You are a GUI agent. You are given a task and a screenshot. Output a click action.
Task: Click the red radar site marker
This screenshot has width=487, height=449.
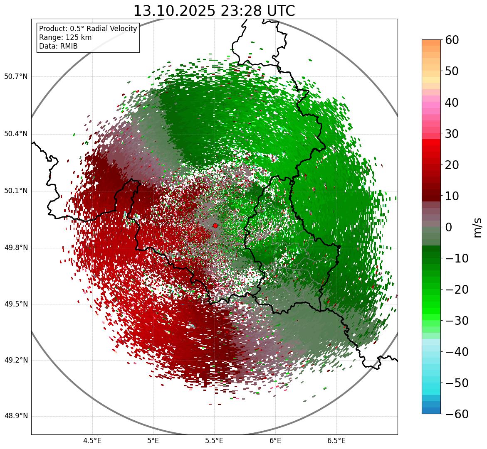pos(215,226)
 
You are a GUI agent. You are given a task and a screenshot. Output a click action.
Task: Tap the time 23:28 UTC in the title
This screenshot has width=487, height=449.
pos(258,11)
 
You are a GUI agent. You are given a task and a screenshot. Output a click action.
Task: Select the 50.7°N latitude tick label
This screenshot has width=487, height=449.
pos(16,77)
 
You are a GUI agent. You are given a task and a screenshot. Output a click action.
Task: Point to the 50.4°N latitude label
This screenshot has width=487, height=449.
pos(16,134)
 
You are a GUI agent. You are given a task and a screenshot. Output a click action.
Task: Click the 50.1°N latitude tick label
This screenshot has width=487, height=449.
pos(16,191)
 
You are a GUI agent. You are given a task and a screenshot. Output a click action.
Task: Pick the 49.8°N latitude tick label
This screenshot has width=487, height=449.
pos(16,248)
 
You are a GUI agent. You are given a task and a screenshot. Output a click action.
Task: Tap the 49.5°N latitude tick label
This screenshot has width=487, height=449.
pos(16,304)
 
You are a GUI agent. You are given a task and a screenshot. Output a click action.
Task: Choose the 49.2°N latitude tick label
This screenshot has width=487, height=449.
pos(16,360)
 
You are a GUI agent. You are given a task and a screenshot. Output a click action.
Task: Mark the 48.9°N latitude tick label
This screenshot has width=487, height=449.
pos(16,416)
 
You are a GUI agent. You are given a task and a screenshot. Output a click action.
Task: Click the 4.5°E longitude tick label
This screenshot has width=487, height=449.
pos(92,441)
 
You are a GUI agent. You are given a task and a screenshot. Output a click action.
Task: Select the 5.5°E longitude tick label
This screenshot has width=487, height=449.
pos(214,441)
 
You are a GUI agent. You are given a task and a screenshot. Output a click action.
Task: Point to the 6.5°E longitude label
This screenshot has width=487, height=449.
pos(336,441)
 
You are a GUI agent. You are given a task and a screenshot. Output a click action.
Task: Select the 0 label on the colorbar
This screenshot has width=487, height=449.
pos(449,227)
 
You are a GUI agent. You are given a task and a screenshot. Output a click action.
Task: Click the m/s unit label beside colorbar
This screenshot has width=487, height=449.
pos(477,227)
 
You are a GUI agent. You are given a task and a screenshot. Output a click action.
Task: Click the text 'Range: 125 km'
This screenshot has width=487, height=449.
pos(65,37)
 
